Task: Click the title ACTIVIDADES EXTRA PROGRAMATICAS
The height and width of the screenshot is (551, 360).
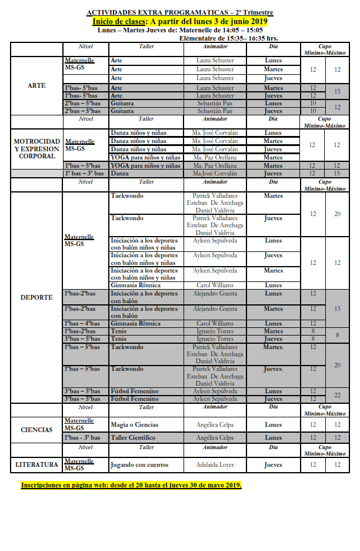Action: [x=156, y=12]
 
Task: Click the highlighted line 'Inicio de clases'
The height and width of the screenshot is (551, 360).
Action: [x=180, y=21]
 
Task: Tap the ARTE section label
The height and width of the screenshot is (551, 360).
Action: [x=36, y=86]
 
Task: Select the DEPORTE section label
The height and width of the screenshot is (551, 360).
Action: [x=36, y=297]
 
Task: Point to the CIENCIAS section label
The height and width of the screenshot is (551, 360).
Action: [x=36, y=430]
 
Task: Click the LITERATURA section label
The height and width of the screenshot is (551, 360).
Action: [x=36, y=465]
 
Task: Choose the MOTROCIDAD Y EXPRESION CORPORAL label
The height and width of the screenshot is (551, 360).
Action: [x=36, y=149]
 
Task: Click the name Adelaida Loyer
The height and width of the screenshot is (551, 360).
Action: [x=215, y=465]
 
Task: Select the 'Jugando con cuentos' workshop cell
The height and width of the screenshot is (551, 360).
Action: [x=139, y=465]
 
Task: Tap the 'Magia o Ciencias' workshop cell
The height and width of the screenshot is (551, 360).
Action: [x=134, y=424]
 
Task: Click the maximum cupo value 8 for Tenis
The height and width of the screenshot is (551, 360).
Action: [x=337, y=335]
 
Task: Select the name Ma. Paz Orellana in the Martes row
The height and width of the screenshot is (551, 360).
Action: [x=215, y=158]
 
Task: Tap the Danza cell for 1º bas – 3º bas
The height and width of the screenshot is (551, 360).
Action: [x=121, y=174]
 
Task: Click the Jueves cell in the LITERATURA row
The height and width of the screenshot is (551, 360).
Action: [x=273, y=465]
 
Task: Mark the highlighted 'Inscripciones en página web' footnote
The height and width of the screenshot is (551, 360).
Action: [x=131, y=486]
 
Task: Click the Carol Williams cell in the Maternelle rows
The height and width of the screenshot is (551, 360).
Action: [x=215, y=286]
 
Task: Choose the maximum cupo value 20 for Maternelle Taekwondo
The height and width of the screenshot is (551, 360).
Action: [x=337, y=214]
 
